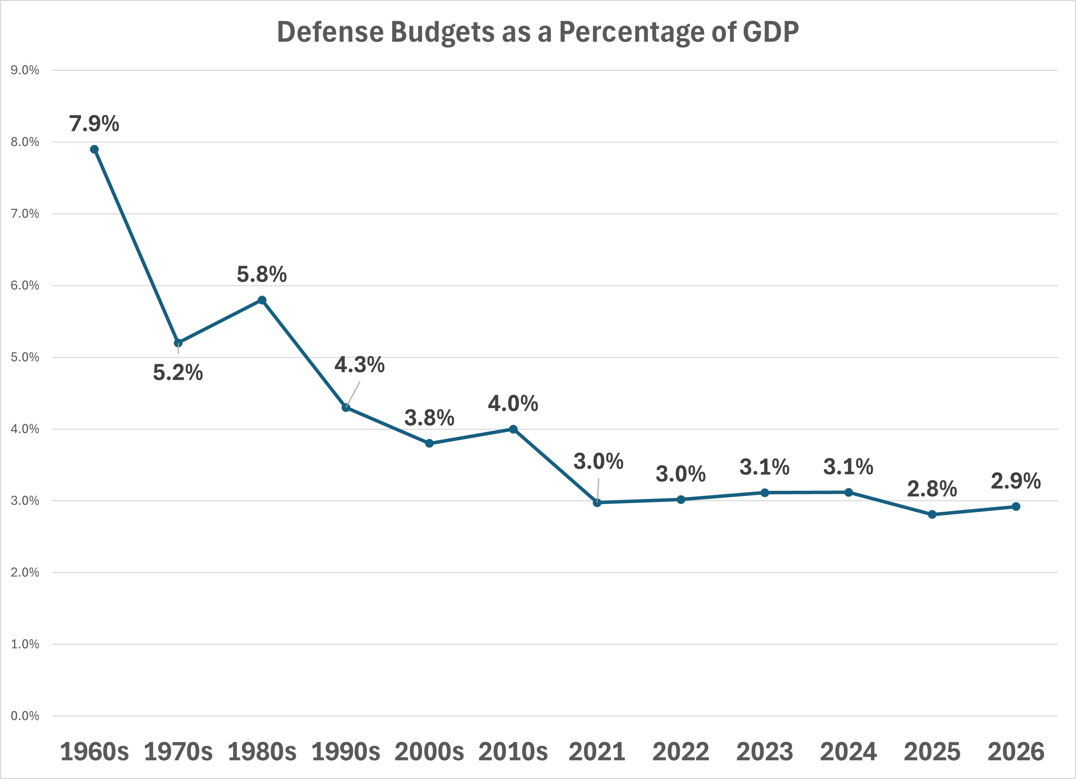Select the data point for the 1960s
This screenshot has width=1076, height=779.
coord(95,149)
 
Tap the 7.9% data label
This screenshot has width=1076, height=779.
coord(95,124)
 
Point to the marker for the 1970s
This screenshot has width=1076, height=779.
coord(178,343)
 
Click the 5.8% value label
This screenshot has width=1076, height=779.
coord(262,274)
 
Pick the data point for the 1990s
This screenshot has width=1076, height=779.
coord(346,407)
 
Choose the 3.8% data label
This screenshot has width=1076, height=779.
coord(429,418)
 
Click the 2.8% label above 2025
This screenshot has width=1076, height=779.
coord(932,489)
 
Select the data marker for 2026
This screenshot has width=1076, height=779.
coord(1016,506)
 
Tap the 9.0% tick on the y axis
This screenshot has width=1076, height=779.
coord(25,70)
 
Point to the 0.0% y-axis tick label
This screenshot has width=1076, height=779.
coord(25,715)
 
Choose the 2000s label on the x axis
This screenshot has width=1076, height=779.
coord(429,752)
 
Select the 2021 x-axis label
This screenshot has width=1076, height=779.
coord(597,752)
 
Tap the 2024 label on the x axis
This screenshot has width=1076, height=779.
coord(848,752)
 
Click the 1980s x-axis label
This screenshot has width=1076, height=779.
coord(262,752)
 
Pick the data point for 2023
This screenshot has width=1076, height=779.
coord(764,493)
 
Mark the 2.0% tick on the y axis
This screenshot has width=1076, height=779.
coord(25,572)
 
